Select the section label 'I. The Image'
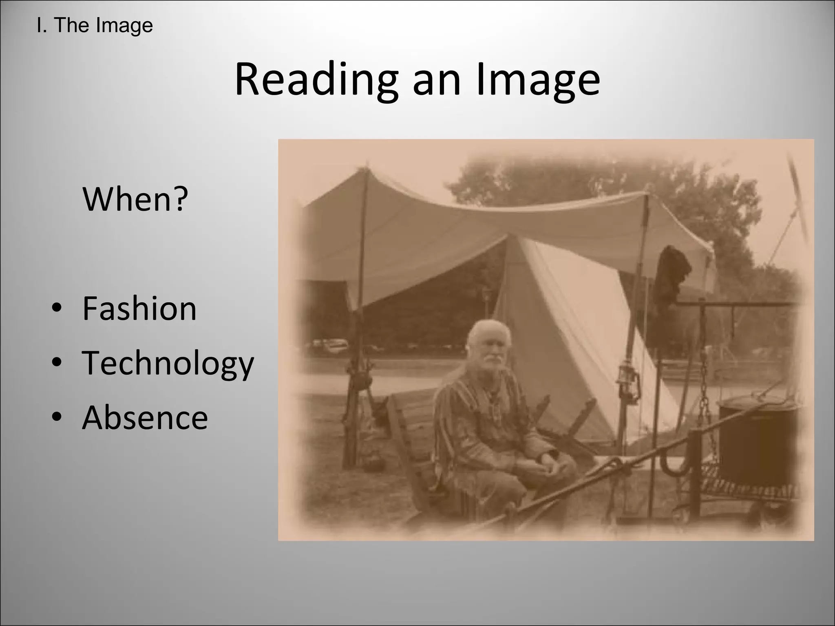95,25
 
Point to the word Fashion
139,309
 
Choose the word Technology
168,363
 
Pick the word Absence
145,418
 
